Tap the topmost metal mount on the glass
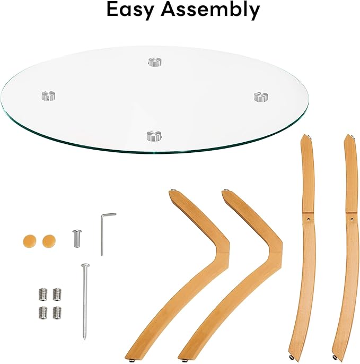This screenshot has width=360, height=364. (155, 62)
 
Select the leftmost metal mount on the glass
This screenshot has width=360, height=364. (48, 96)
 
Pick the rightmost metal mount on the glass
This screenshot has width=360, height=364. (261, 97)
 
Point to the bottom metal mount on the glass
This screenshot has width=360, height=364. (154, 136)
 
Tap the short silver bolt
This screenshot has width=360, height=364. (77, 238)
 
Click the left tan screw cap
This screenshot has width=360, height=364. (30, 241)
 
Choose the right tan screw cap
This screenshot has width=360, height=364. (49, 241)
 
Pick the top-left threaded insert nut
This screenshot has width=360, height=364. (43, 294)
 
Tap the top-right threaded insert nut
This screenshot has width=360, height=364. (57, 294)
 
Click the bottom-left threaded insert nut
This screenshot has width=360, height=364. (43, 313)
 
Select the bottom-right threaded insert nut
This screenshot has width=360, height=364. (57, 313)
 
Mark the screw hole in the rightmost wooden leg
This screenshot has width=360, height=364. (352, 219)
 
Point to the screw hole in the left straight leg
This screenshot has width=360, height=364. (308, 219)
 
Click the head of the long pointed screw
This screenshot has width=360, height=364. (85, 265)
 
